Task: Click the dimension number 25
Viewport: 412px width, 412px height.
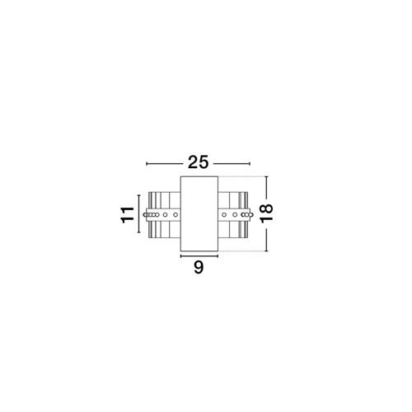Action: click(199, 162)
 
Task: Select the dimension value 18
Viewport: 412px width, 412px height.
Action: click(266, 213)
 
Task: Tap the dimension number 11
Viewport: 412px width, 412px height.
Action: click(127, 215)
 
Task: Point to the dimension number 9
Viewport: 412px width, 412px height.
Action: click(199, 267)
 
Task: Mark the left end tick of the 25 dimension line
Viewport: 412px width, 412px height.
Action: click(147, 164)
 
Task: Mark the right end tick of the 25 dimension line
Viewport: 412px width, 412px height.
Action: click(250, 164)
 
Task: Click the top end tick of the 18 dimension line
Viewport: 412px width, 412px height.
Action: click(266, 176)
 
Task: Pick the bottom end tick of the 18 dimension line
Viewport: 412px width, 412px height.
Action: click(266, 251)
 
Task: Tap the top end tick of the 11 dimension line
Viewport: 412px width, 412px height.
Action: click(138, 195)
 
